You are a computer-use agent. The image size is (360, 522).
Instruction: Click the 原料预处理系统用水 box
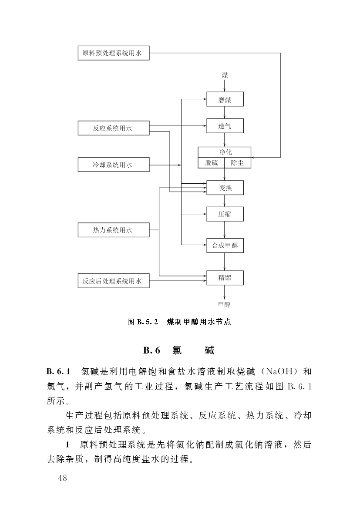tap(113, 54)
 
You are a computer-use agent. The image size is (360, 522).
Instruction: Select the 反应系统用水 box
tap(113, 128)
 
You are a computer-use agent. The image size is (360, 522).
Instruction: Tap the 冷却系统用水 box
tap(113, 165)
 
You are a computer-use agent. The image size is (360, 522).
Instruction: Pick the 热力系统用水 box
tap(113, 230)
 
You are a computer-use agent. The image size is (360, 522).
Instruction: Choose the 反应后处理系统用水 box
tap(113, 281)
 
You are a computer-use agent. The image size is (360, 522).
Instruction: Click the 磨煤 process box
tap(225, 100)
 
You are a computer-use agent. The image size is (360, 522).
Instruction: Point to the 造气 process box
tap(225, 126)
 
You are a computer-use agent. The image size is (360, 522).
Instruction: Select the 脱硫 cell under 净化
tap(212, 163)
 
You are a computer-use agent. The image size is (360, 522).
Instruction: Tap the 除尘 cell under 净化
tap(237, 163)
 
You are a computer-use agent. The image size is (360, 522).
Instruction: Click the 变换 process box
tap(225, 188)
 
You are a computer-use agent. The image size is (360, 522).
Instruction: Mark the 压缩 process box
tap(225, 214)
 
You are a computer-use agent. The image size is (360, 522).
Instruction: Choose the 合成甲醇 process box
tap(225, 246)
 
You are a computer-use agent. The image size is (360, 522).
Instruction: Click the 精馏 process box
tap(225, 278)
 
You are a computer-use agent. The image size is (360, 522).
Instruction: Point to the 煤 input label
tap(225, 75)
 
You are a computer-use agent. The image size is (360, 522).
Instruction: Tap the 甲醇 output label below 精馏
tap(225, 305)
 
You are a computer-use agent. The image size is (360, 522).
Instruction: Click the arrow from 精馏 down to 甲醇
tap(225, 292)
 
